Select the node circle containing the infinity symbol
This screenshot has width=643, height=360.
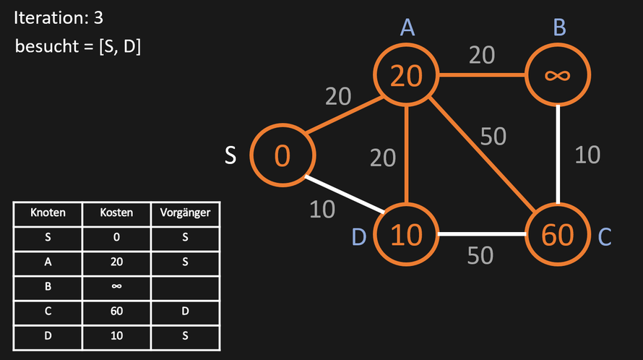pos(526,74)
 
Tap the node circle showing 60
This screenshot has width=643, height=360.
pos(527,234)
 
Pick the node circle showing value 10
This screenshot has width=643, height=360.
pos(375,234)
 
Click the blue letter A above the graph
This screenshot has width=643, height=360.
pos(407,27)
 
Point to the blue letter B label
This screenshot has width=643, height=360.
pos(559,27)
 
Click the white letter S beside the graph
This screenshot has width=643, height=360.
pos(230,155)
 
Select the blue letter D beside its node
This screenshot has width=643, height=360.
pos(359,237)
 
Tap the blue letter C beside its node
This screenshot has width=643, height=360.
pos(605,237)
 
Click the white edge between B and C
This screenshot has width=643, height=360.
pos(558,155)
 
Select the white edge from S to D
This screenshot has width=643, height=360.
pos(345,194)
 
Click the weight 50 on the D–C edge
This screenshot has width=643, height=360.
pos(480,255)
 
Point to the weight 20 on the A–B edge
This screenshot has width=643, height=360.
pos(482,55)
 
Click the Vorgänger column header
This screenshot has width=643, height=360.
pos(185,213)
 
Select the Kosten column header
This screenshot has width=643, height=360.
pos(116,213)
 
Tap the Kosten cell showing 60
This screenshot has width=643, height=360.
pos(116,311)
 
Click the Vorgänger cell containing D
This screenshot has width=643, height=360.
pos(185,311)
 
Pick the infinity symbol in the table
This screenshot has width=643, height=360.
pos(116,286)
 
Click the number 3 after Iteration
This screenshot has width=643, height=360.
pos(98,17)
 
